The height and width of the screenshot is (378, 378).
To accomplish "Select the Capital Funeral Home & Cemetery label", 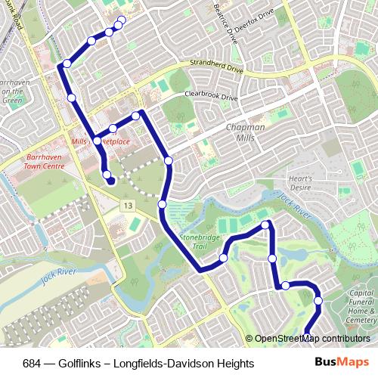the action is tap(361, 307).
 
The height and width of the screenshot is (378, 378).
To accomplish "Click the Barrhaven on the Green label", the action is tap(14, 90).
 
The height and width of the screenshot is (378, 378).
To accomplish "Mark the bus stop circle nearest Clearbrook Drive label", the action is tap(136, 116).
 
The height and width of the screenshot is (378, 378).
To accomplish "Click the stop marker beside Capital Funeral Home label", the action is tap(318, 302).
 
